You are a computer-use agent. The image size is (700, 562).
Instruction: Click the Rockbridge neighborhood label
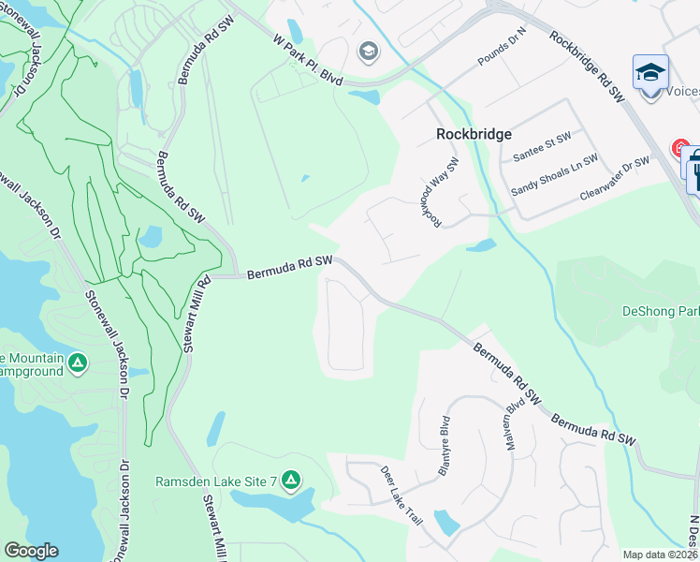[474, 134]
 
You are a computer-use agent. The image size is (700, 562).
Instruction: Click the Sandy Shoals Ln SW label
[554, 175]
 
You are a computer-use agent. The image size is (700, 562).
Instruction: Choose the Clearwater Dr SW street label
[614, 178]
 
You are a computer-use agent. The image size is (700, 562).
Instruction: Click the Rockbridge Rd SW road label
[588, 65]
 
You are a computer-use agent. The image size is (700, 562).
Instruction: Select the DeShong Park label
[661, 311]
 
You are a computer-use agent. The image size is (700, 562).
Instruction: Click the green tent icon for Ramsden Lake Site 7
[291, 481]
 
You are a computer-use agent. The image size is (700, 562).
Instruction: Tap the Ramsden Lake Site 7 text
[216, 481]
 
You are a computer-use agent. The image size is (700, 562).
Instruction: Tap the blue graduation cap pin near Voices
[650, 71]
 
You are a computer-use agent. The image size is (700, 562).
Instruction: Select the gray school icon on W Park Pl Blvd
[369, 51]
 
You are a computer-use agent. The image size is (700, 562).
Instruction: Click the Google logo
[31, 551]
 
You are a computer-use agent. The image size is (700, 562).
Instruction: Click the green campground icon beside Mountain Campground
[78, 362]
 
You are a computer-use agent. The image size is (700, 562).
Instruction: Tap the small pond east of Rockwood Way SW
[481, 245]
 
